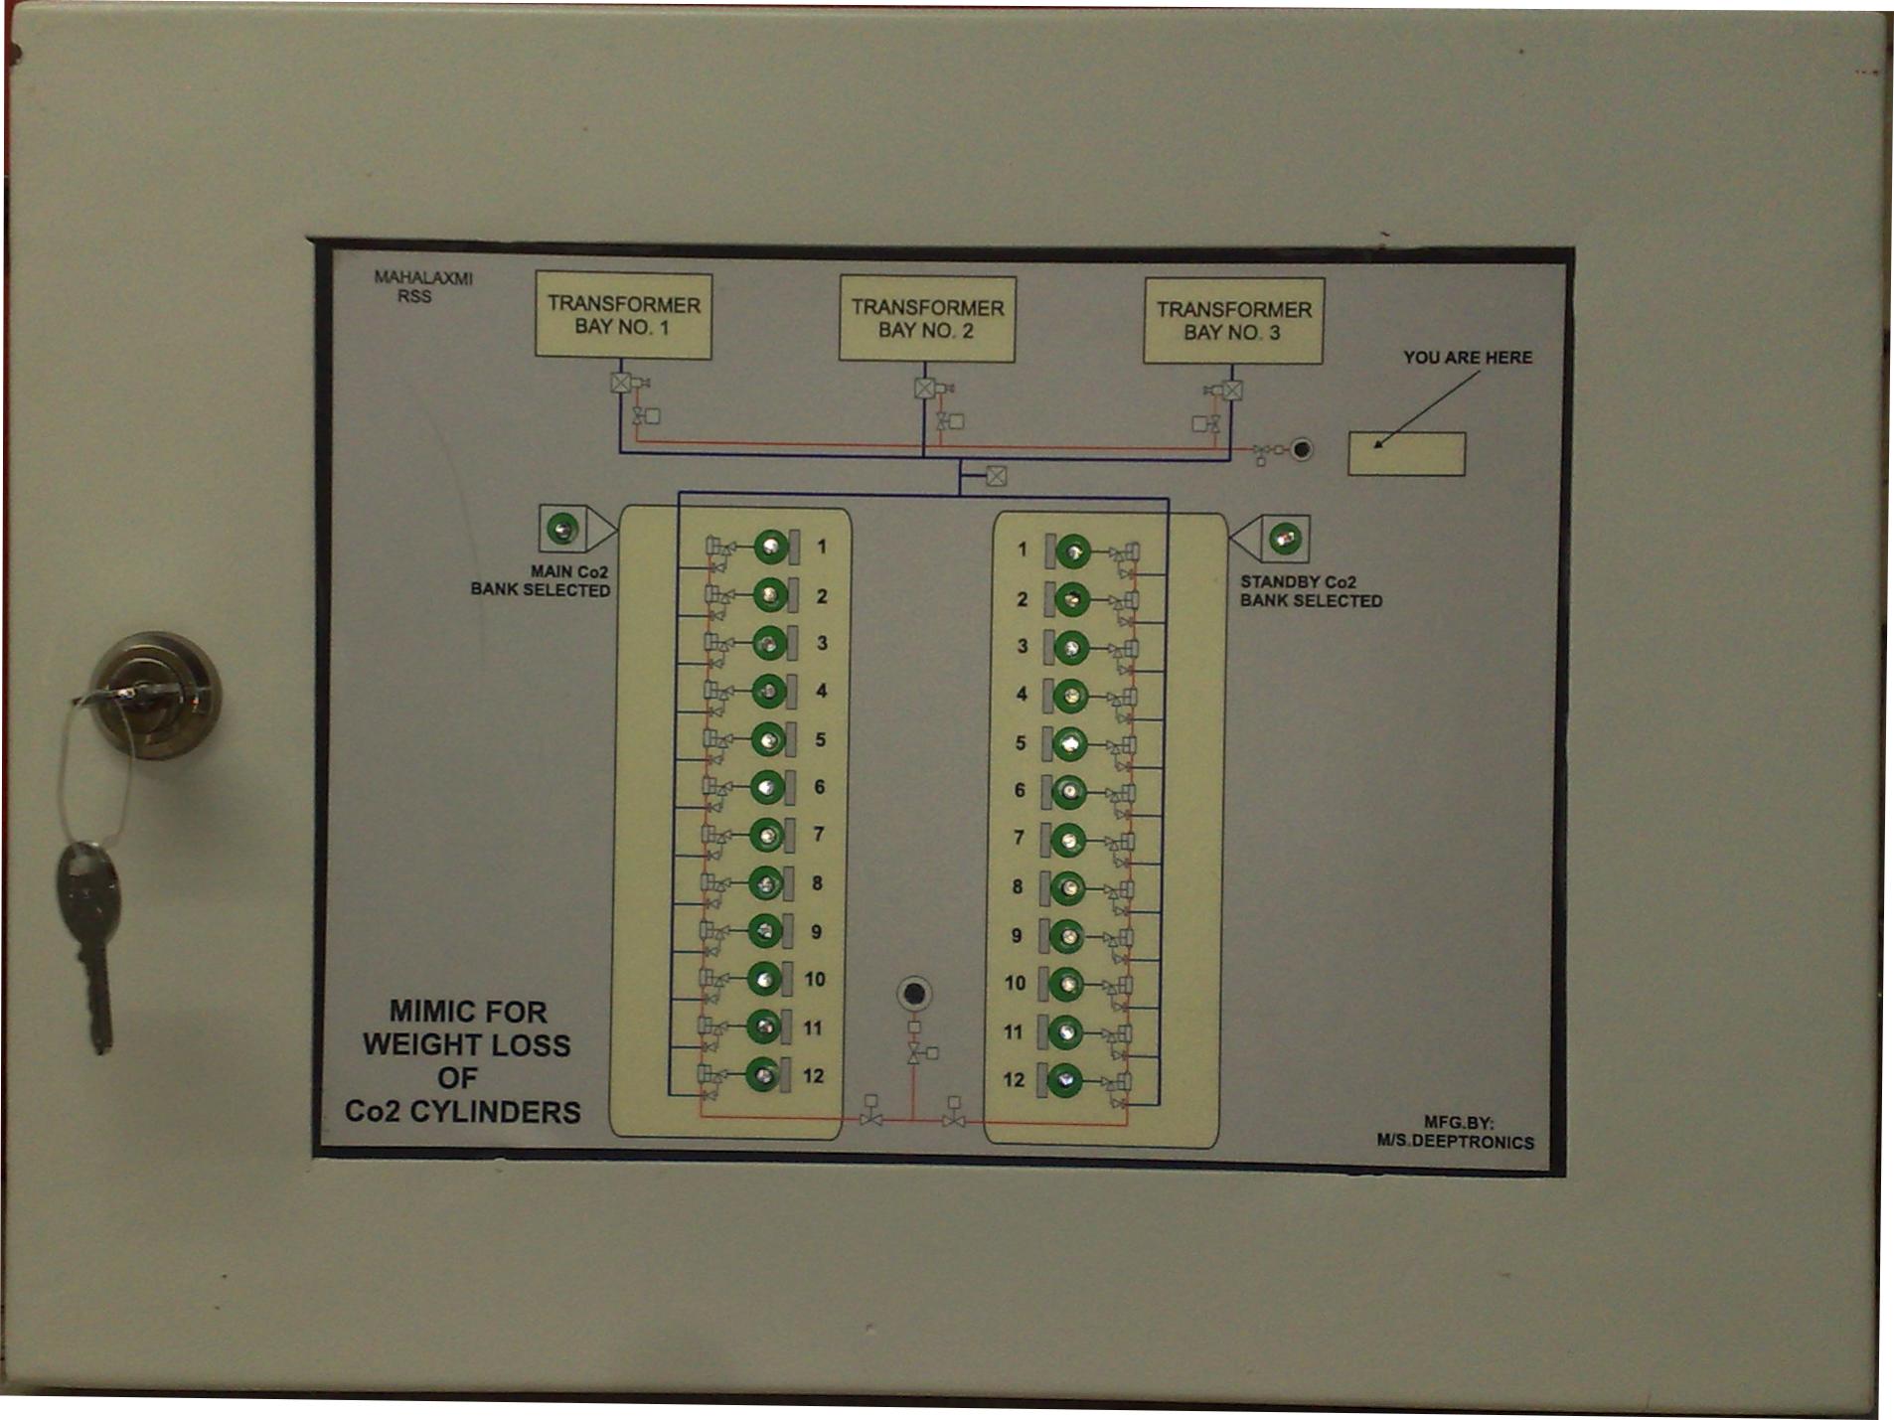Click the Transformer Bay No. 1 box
(623, 315)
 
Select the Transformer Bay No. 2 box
(927, 318)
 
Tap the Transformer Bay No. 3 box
(1233, 321)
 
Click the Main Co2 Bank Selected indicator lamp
(562, 528)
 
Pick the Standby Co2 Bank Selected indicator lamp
(1285, 539)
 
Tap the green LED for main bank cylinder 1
(770, 547)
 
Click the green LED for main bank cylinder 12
(763, 1074)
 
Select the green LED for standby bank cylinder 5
(1069, 743)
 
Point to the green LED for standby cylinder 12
(1064, 1080)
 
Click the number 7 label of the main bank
(818, 834)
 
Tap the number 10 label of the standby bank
(1015, 983)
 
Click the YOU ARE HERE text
(1467, 357)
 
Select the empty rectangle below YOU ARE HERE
(1406, 454)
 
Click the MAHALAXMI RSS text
(422, 287)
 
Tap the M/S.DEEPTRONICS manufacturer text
(1455, 1142)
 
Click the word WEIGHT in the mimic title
(466, 1044)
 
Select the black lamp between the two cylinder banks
(914, 994)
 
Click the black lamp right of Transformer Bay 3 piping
(1301, 449)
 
